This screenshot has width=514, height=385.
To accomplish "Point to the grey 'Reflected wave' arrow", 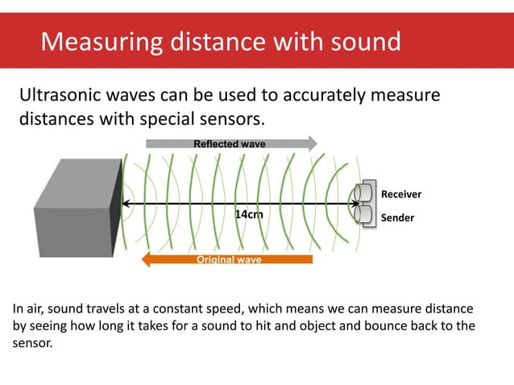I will [x=230, y=143].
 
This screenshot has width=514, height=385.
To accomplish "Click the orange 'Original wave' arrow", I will [x=227, y=259].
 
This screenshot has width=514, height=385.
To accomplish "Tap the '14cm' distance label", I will [x=249, y=215].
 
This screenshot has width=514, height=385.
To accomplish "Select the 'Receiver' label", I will [x=400, y=194].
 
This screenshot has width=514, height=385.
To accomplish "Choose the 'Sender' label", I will [x=396, y=217].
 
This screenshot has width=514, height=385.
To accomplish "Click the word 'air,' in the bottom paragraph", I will [x=39, y=308].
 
